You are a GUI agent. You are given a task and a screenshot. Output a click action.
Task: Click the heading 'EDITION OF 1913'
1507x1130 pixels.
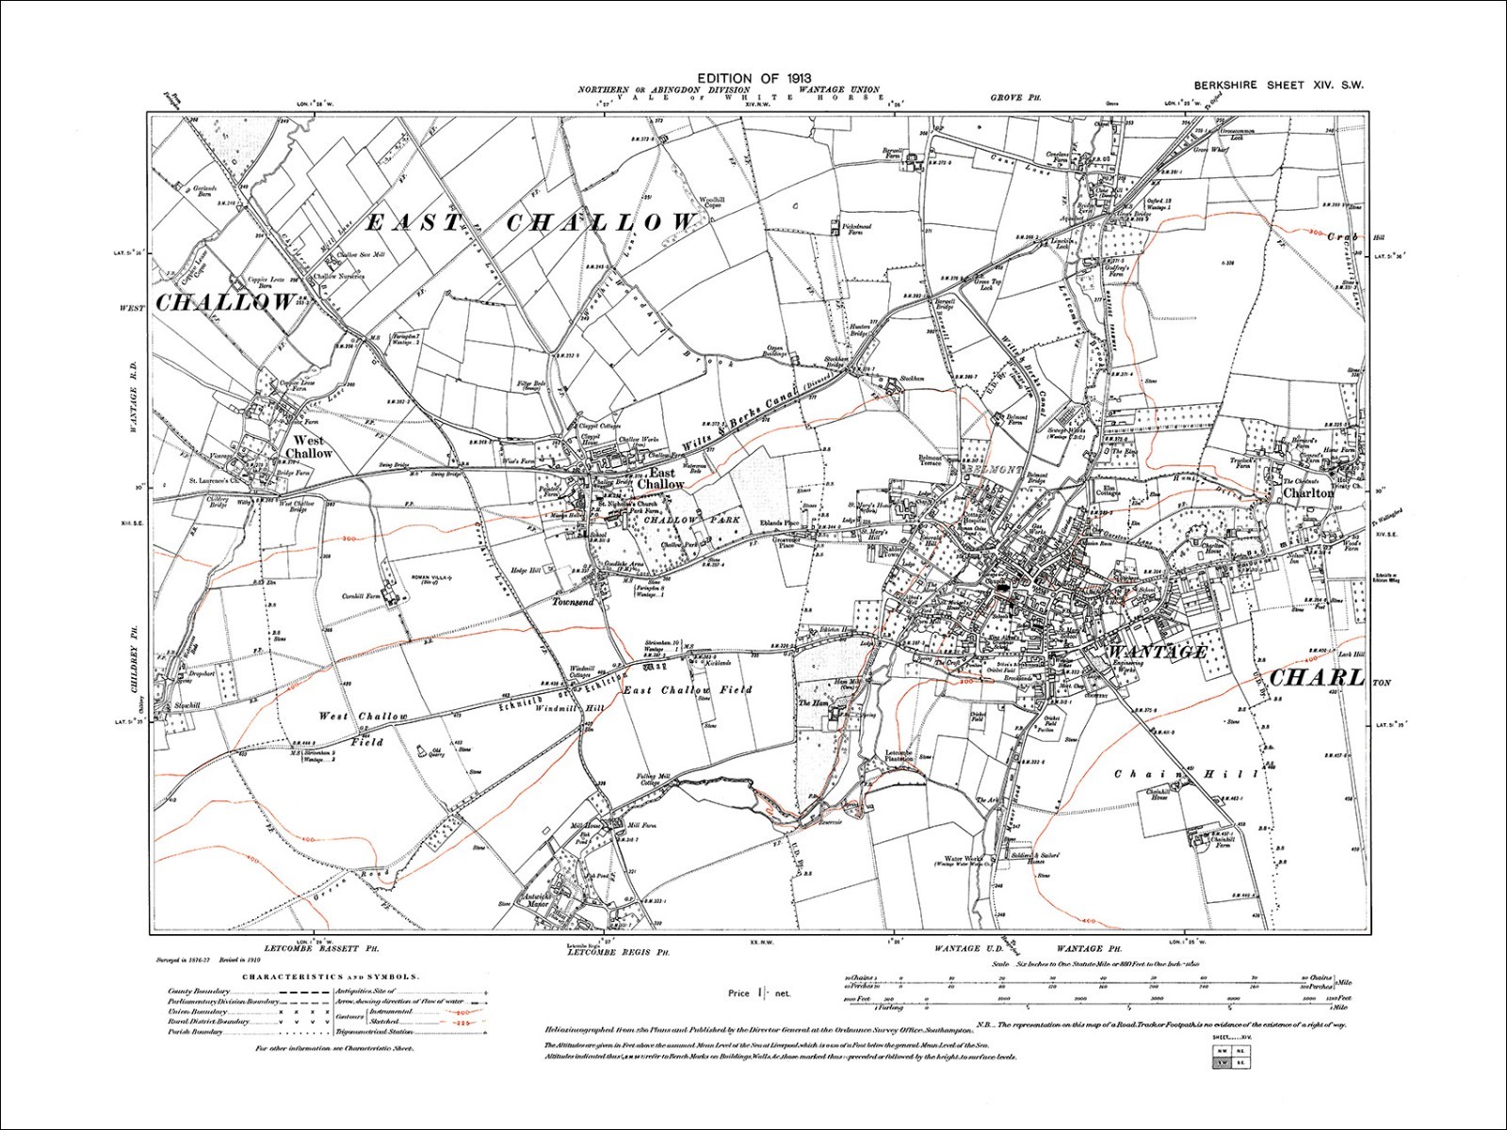coord(753,78)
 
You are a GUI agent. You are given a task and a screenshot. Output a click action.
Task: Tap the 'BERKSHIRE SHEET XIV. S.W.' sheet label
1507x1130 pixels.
coord(1278,85)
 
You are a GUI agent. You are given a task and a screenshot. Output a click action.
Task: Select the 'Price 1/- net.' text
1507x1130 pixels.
coord(759,993)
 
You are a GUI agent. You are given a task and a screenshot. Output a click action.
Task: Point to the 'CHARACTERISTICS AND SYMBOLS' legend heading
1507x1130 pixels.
coord(331,977)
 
